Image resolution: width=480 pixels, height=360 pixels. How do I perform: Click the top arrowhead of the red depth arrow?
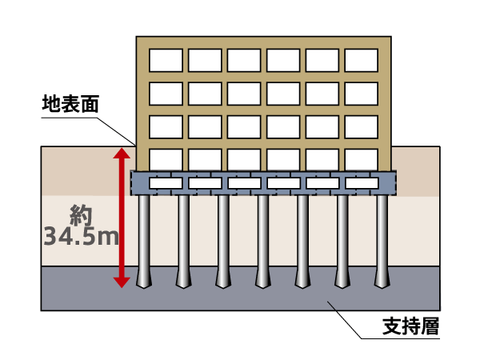pos(121,153)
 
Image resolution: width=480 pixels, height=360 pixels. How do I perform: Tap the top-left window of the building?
pos(166,60)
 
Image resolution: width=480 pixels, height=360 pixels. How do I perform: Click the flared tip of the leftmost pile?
pos(144,281)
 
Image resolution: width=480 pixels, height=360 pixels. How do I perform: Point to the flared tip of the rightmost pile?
pos(382,281)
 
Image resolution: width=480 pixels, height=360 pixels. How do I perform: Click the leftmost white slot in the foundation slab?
pos(166,183)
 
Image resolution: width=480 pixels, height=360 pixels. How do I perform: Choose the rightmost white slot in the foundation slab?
pos(361,183)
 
